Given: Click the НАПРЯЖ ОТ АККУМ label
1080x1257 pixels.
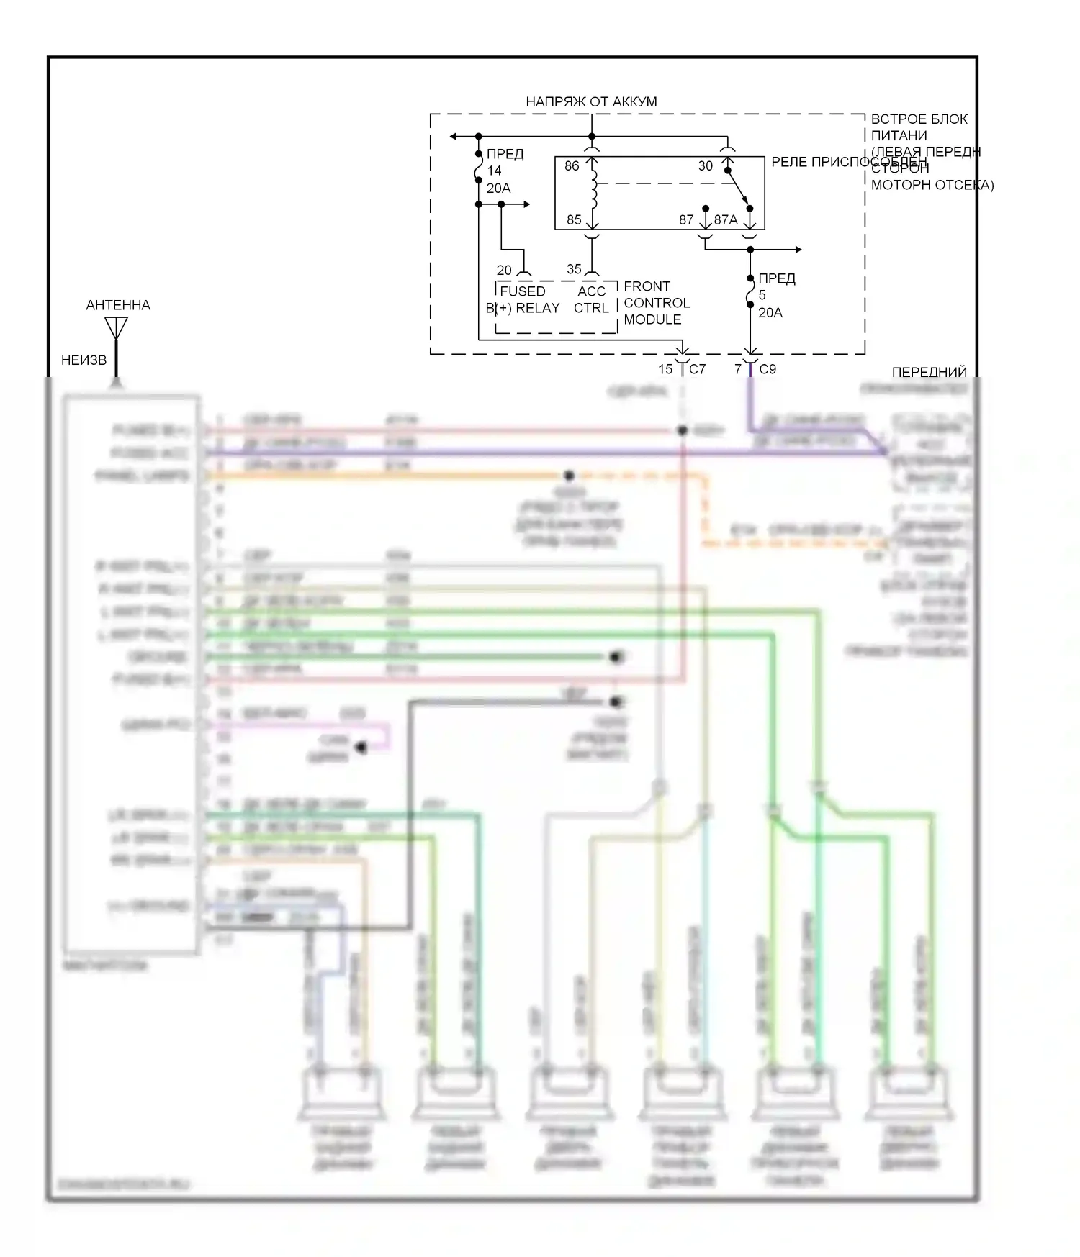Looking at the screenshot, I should point(591,101).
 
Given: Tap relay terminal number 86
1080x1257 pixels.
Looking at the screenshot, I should point(572,165).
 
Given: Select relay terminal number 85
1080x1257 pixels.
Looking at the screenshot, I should point(574,219).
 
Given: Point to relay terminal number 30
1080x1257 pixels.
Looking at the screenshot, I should point(706,165).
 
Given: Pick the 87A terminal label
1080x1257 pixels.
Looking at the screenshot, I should point(726,219).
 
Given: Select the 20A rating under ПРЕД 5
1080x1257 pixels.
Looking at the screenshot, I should point(770,312).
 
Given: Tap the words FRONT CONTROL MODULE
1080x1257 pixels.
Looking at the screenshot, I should point(657,302).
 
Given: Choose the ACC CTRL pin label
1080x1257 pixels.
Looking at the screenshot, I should point(591,299).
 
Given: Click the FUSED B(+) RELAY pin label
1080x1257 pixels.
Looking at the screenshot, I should point(523,299).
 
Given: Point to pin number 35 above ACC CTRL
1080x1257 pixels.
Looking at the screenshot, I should point(574,269).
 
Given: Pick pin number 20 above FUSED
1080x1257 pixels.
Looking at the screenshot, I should point(504,270).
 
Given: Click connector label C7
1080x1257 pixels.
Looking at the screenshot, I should point(698,369).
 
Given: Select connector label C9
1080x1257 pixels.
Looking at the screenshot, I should point(768,369).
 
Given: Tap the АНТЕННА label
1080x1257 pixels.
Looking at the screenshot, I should point(118,305).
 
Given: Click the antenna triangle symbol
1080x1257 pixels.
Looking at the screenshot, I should point(116,328).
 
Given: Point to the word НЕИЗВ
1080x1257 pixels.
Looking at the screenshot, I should point(84,360).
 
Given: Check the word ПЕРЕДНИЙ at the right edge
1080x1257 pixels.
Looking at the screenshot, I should point(929,372).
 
